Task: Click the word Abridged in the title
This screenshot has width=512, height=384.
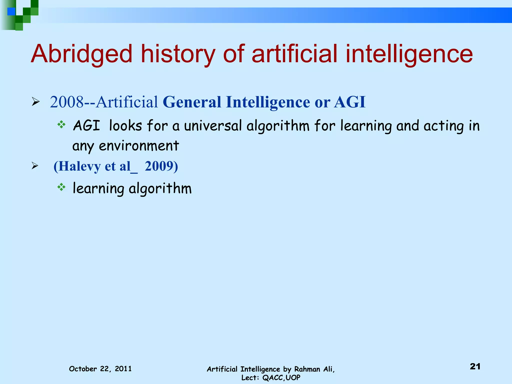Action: (81, 54)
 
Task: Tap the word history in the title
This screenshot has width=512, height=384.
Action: (178, 54)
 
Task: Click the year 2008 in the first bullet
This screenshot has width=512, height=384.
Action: (66, 102)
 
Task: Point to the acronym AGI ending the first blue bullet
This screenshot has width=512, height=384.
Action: (350, 102)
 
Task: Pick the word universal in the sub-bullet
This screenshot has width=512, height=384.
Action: (213, 126)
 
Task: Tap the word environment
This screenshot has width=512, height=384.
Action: (139, 146)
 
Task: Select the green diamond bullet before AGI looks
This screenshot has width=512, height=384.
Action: (61, 124)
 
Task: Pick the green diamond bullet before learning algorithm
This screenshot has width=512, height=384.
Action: (61, 187)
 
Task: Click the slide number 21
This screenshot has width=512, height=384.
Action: (475, 366)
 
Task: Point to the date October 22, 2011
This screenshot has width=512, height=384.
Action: (100, 369)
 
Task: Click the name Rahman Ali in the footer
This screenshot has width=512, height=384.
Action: (314, 369)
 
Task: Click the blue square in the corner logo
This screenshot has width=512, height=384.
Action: (11, 11)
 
